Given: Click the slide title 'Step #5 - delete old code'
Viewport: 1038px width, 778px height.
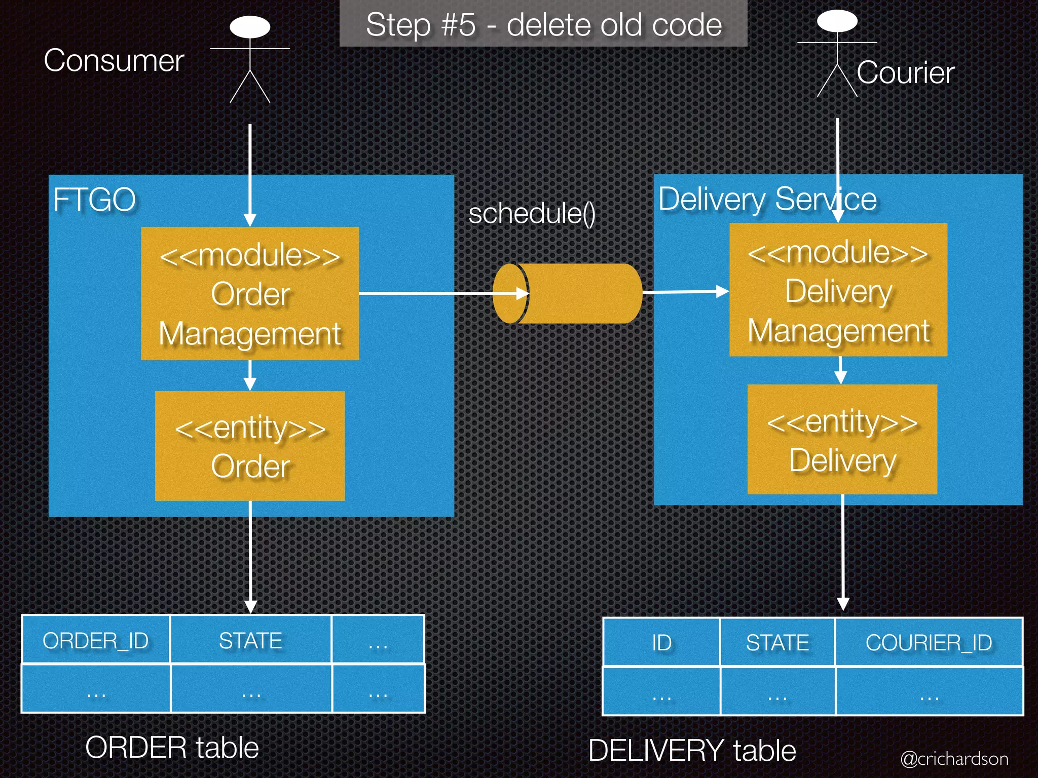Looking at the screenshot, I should (543, 25).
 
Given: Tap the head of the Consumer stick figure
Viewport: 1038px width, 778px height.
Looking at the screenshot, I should (250, 27).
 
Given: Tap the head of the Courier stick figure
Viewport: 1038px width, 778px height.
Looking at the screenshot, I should (837, 21).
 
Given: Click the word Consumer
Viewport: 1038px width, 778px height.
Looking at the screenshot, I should (114, 61).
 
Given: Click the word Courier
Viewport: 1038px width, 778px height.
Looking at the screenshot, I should (905, 72).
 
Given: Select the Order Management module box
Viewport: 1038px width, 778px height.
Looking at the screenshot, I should (250, 293).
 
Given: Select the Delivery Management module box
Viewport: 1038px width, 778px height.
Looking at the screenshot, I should (838, 290).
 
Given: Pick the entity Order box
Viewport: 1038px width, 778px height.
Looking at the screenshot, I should (250, 446).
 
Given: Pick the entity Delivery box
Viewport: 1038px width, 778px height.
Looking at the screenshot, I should (842, 439).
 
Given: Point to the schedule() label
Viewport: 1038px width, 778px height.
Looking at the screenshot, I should (532, 213).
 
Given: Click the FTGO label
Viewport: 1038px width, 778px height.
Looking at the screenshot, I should (95, 200).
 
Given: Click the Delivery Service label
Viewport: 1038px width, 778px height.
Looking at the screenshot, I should (767, 199).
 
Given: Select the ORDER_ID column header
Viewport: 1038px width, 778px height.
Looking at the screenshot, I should (96, 641).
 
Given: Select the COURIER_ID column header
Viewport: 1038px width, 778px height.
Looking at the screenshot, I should (929, 643).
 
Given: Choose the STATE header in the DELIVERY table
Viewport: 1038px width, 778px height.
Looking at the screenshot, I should (777, 643).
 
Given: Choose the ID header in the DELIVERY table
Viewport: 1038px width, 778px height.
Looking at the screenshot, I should (661, 643).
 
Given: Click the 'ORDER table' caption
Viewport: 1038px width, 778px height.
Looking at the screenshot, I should (172, 748).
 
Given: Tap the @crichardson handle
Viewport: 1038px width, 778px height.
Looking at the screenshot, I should (954, 758).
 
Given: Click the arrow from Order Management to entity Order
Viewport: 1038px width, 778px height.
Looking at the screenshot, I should (250, 375).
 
